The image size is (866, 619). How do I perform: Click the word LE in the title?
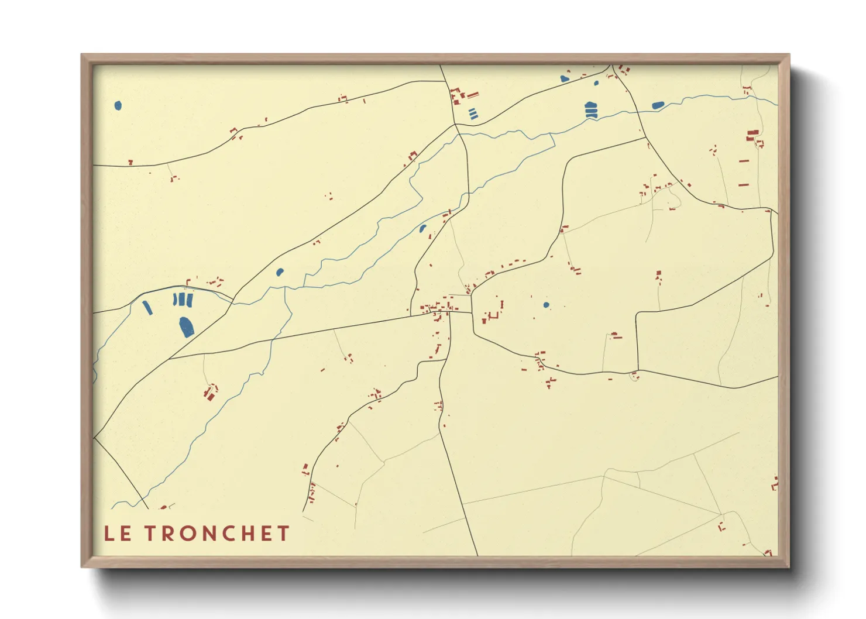pos(118,534)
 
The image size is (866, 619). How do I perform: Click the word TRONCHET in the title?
pos(217,534)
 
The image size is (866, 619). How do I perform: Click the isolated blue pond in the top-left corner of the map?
pos(118,106)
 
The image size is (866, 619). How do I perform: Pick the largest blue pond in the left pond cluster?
pos(186,327)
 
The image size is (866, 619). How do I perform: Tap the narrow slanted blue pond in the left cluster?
pos(147,308)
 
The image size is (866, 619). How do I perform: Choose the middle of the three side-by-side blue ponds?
pos(182,300)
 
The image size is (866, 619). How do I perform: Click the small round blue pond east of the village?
pos(546,305)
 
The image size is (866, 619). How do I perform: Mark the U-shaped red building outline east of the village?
pos(493,316)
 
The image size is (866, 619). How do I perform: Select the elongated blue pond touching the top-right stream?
pos(658,106)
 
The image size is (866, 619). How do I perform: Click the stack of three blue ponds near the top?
pos(591,110)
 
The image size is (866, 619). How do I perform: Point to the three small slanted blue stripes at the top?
pos(473,114)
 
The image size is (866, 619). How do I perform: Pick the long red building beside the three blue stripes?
pos(473,95)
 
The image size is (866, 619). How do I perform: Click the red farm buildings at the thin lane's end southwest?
pos(209,392)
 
